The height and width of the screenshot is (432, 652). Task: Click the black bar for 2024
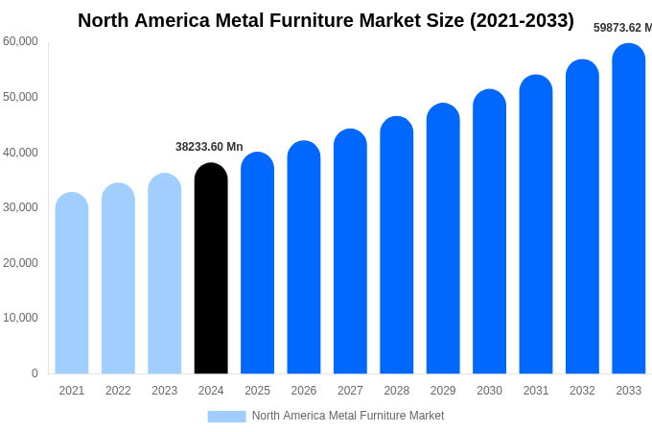pyautogui.click(x=211, y=269)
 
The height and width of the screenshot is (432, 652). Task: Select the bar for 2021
pyautogui.click(x=72, y=283)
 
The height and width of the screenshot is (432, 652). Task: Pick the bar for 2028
pyautogui.click(x=397, y=246)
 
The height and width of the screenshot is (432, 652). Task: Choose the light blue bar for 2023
pyautogui.click(x=165, y=274)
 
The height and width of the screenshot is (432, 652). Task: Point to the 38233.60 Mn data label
pyautogui.click(x=209, y=147)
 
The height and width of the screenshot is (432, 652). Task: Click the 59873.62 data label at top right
pyautogui.click(x=621, y=28)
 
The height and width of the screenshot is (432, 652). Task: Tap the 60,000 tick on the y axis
pyautogui.click(x=20, y=41)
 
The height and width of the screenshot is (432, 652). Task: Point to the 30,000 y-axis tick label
pyautogui.click(x=20, y=207)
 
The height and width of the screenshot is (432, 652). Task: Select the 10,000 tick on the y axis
pyautogui.click(x=20, y=318)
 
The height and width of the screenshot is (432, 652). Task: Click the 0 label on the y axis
pyautogui.click(x=35, y=373)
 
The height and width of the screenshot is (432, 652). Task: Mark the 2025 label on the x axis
pyautogui.click(x=257, y=391)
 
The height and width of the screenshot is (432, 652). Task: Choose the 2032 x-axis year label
pyautogui.click(x=582, y=391)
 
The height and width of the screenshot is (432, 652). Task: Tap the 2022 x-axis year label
pyautogui.click(x=118, y=391)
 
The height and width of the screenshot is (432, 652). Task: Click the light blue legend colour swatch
pyautogui.click(x=226, y=417)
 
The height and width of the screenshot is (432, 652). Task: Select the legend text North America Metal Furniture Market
pyautogui.click(x=348, y=416)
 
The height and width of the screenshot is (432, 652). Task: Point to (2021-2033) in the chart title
pyautogui.click(x=522, y=20)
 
